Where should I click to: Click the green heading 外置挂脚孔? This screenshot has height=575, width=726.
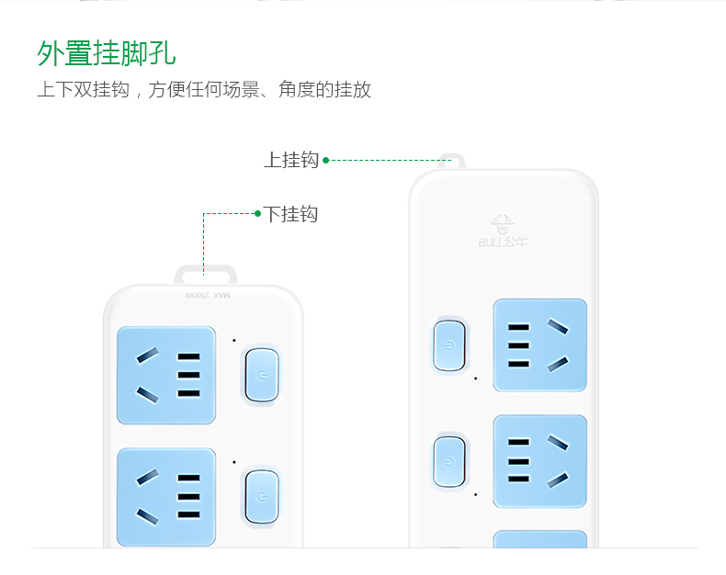point(107,52)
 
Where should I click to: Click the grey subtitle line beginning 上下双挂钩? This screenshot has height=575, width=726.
point(204,90)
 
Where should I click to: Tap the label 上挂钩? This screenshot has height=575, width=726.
point(290,160)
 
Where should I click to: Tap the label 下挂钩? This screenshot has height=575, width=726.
point(291,214)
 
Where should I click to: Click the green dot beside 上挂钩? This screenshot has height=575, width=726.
point(326,160)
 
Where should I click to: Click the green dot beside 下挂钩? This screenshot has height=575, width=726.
point(257,213)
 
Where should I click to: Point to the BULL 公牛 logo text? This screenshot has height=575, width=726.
point(503,242)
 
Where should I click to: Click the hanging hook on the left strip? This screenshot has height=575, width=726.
point(205,274)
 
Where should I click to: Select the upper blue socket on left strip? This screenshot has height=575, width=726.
point(166,375)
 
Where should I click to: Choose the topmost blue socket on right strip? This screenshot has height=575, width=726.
point(539,344)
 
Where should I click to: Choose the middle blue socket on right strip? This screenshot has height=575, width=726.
point(539,461)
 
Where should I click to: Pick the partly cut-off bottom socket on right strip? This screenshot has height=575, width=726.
point(539,539)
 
